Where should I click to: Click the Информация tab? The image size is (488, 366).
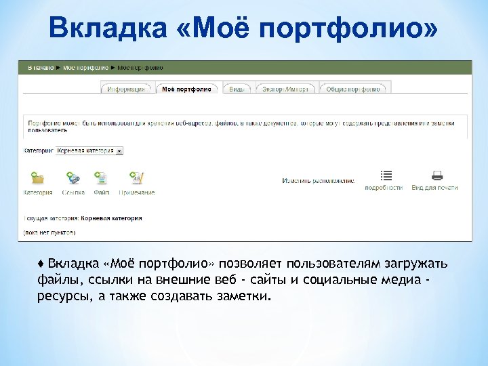click(x=127, y=89)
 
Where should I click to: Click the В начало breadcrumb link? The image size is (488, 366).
click(x=39, y=68)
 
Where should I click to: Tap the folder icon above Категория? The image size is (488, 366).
click(x=38, y=178)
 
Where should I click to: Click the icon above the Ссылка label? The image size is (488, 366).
click(x=73, y=178)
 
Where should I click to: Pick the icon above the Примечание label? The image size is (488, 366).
click(x=136, y=178)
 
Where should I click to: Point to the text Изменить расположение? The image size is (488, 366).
click(x=319, y=181)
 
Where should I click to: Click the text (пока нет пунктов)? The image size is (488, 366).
click(x=49, y=232)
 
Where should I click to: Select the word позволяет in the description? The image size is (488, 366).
click(x=251, y=264)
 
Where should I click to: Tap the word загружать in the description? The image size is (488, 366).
click(x=418, y=264)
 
